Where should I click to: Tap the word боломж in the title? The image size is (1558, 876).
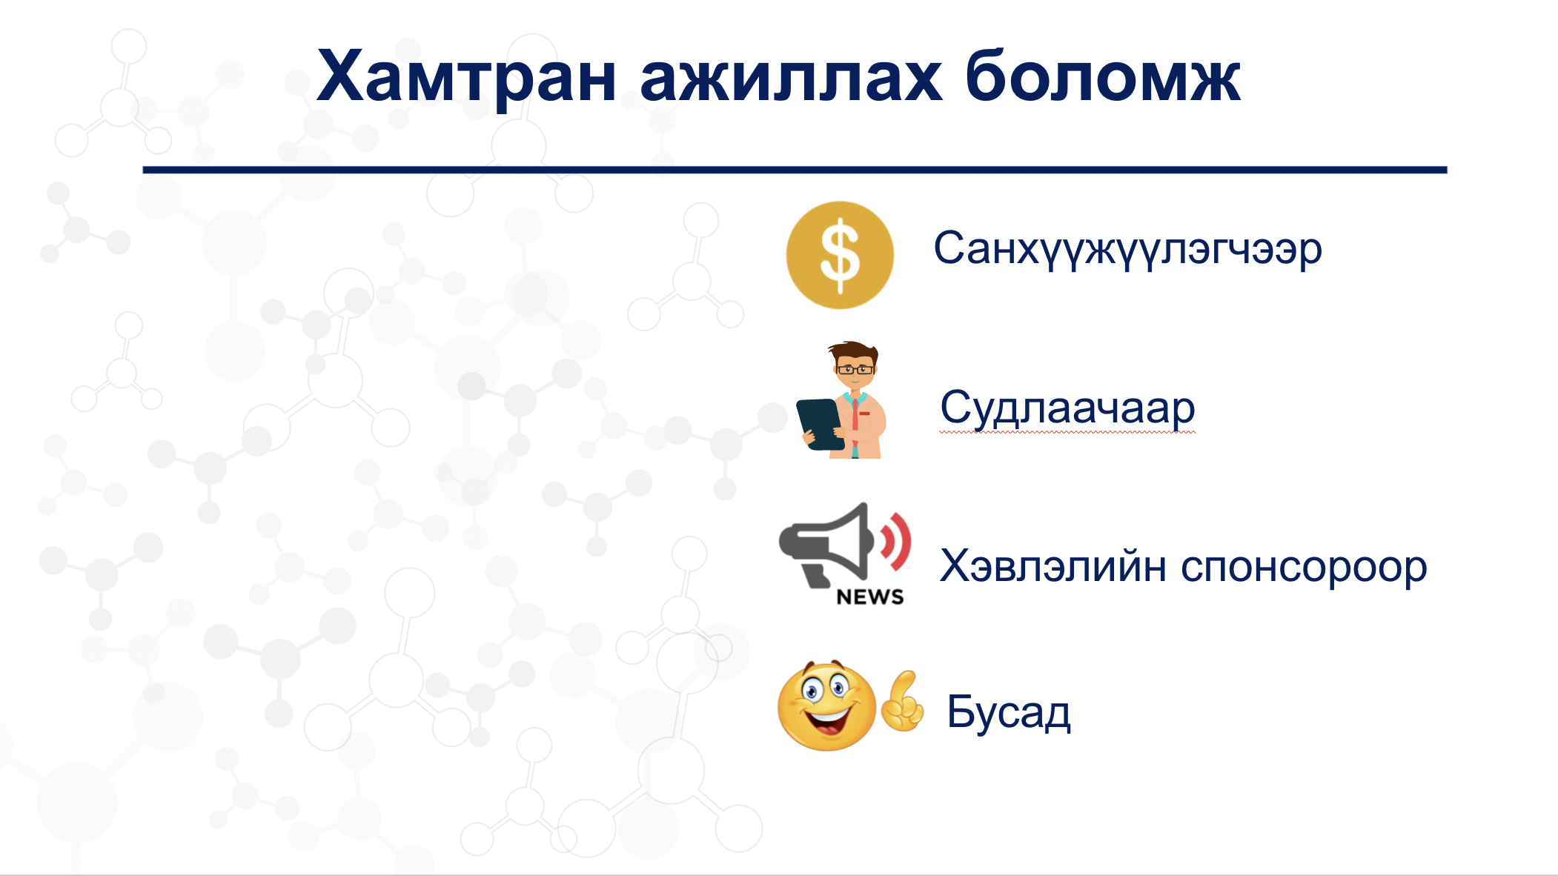(1102, 76)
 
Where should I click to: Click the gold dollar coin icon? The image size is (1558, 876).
(840, 255)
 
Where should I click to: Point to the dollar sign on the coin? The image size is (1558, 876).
(840, 256)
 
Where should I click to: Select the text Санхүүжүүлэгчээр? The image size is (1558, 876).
(1127, 250)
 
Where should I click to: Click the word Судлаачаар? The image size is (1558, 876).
(1067, 408)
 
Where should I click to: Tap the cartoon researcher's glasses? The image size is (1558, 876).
(855, 368)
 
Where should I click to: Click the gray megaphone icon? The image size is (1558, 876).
(825, 545)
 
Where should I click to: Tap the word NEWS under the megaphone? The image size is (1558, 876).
(870, 597)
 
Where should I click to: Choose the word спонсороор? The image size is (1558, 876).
(1304, 570)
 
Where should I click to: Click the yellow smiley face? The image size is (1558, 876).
(826, 705)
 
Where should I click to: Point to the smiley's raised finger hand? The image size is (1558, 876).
(902, 702)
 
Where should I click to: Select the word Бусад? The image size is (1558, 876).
(1009, 712)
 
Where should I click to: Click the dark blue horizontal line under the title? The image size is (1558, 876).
(795, 170)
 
